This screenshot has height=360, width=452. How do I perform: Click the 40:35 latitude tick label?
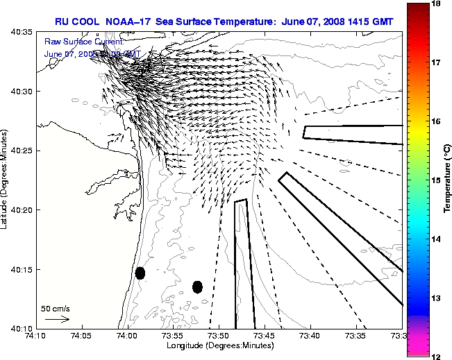click(x=23, y=33)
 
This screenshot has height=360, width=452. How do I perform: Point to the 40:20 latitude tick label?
click(x=23, y=209)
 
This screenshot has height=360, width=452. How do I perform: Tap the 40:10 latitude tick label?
click(x=23, y=327)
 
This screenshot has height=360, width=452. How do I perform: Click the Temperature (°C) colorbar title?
click(x=448, y=180)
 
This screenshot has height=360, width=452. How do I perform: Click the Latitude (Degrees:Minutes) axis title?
click(x=6, y=180)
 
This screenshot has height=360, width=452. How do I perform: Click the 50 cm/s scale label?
click(x=55, y=308)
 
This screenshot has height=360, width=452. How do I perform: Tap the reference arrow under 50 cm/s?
click(x=57, y=319)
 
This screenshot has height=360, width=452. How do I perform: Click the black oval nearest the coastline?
click(x=140, y=273)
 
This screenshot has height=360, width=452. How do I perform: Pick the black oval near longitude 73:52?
click(x=197, y=286)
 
